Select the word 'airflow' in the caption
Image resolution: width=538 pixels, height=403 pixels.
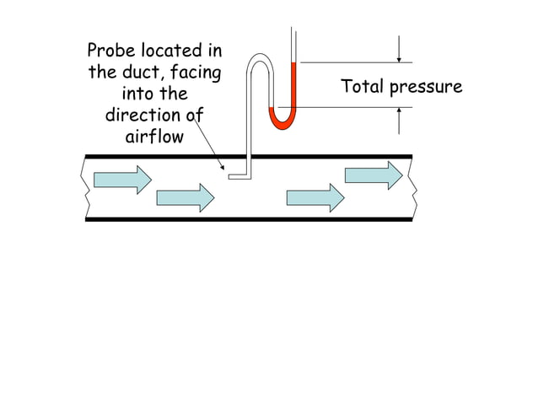point(153,136)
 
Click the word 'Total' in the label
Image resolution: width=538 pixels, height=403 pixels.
point(363,86)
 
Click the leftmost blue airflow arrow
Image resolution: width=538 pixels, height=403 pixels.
point(122,180)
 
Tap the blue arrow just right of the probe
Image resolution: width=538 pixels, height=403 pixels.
point(315,197)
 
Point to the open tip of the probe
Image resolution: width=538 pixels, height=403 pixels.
point(231,177)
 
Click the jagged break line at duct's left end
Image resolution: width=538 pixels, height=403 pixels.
point(85,187)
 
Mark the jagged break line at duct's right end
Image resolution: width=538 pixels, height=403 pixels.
point(412,187)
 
